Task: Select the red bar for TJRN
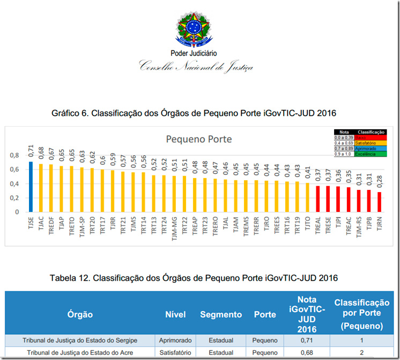[379, 202]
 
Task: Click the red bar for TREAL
[317, 199]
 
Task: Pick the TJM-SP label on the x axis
[82, 226]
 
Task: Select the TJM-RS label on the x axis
[359, 226]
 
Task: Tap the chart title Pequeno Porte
[199, 139]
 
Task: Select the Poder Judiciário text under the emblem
[194, 53]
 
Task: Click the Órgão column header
[80, 314]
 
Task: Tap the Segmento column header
[221, 314]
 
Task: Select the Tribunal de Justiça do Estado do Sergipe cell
[80, 340]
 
